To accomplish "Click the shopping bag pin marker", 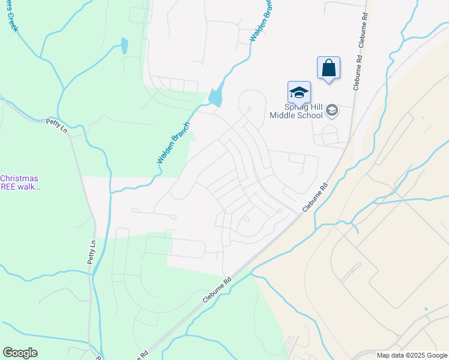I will [328, 67].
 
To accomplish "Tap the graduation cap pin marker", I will [299, 92].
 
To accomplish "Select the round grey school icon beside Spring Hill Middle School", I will [332, 110].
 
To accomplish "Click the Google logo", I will [20, 353].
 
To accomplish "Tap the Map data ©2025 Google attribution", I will [412, 355].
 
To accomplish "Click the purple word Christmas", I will [19, 178].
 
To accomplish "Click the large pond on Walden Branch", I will [215, 97].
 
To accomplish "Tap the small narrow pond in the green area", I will [124, 46].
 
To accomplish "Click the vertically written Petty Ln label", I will [92, 252].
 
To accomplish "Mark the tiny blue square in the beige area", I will [426, 310].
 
